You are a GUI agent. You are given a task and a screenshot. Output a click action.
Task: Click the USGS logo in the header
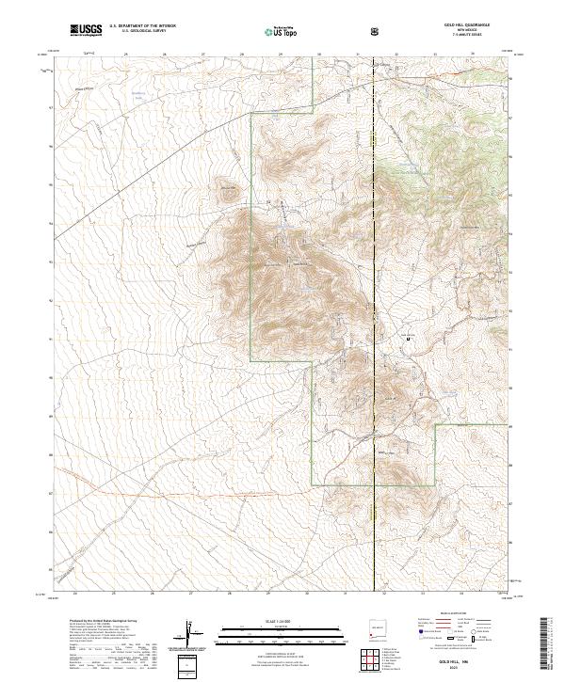pos(86,30)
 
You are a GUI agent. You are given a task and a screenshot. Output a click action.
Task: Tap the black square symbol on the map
pos(408,337)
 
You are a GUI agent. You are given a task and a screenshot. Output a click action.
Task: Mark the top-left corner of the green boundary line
pos(250,111)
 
